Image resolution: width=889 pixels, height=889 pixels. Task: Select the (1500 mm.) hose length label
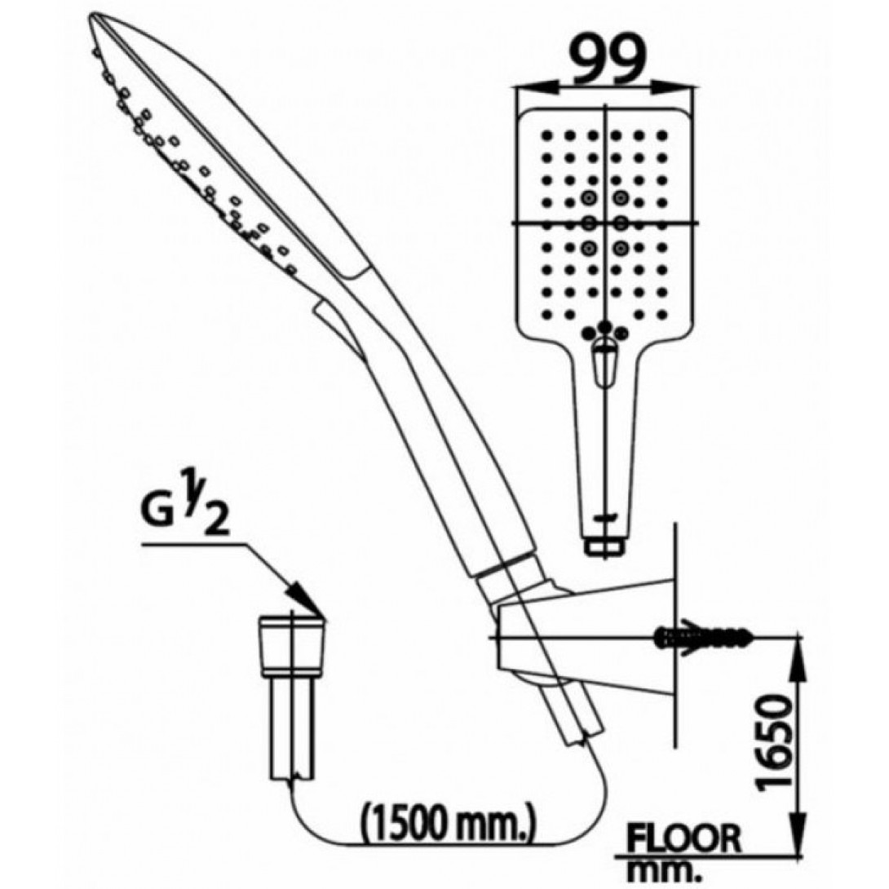(448, 821)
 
